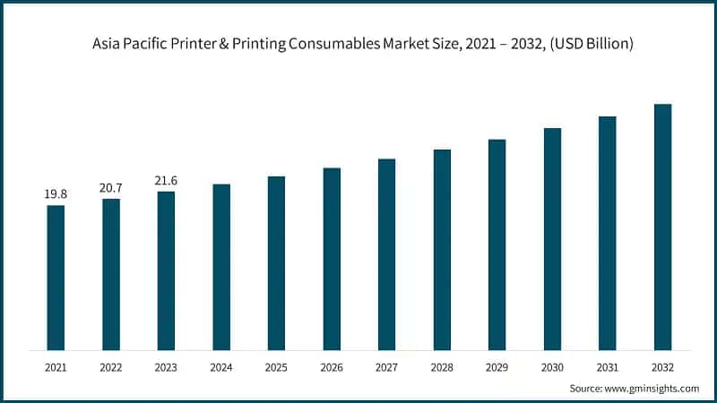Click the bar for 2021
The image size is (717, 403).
click(x=56, y=278)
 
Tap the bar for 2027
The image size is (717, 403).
click(x=386, y=254)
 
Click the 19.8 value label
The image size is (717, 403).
click(x=56, y=194)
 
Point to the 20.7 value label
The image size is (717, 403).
click(x=111, y=187)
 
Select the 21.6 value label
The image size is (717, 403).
click(x=166, y=180)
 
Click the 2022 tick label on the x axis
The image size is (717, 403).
click(x=111, y=367)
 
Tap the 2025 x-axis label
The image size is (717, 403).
click(x=276, y=367)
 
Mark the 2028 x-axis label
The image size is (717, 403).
click(x=442, y=367)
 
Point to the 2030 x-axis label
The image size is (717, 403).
click(x=552, y=367)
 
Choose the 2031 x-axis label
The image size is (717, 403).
click(x=607, y=367)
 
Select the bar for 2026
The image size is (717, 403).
click(x=332, y=259)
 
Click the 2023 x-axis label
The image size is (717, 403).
click(x=166, y=367)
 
